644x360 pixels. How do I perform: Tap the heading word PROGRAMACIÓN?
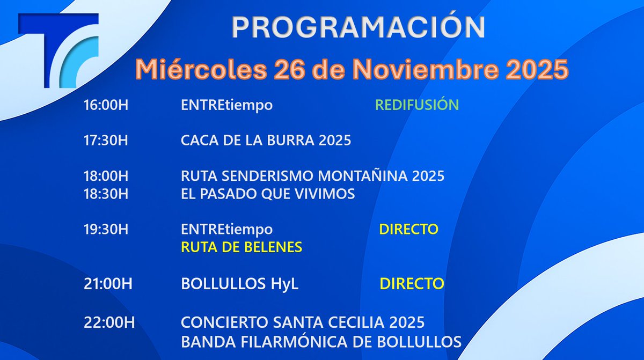[x=358, y=27]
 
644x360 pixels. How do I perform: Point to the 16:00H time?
[x=106, y=105]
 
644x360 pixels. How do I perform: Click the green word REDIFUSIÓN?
[x=416, y=105]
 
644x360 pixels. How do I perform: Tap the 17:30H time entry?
[x=106, y=141]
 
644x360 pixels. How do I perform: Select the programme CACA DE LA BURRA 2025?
[x=266, y=141]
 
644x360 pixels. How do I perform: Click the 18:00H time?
[x=106, y=176]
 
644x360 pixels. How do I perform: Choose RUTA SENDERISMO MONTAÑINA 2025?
[x=312, y=176]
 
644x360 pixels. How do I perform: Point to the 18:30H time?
[x=106, y=194]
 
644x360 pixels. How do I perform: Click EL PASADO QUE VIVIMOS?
[x=268, y=194]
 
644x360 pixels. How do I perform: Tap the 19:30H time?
[x=106, y=230]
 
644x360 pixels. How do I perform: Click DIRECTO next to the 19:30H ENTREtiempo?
[x=408, y=230]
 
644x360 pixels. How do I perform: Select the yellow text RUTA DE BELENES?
[x=241, y=247]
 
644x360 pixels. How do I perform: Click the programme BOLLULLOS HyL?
[x=239, y=284]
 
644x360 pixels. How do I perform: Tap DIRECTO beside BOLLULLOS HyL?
[x=412, y=284]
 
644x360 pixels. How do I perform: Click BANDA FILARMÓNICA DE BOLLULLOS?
[x=321, y=341]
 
